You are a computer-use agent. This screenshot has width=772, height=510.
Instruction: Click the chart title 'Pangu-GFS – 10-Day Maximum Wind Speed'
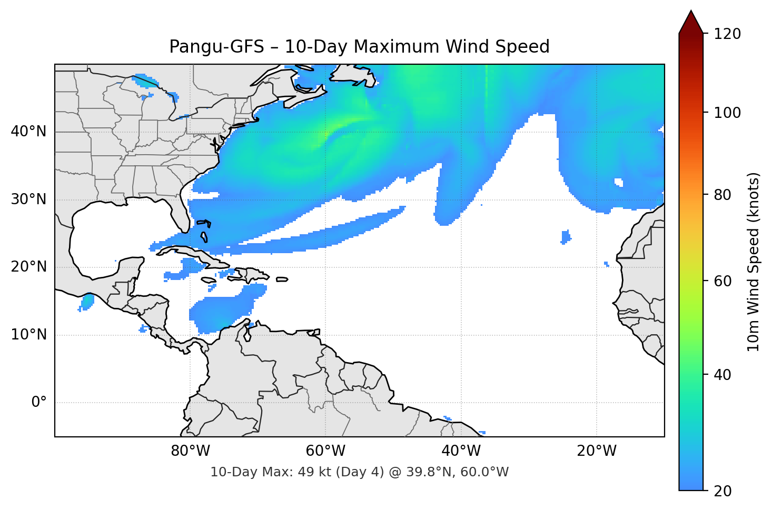coord(359,47)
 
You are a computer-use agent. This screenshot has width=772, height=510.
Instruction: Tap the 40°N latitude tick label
coord(29,132)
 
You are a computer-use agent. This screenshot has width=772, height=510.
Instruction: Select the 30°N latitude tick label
coord(29,199)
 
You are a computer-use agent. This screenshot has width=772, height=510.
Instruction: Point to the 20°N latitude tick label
coord(29,267)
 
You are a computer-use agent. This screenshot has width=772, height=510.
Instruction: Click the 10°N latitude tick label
coord(29,335)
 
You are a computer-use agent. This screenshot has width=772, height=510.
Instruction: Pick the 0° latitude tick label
coord(39,403)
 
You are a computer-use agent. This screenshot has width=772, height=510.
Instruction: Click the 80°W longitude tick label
coord(190,451)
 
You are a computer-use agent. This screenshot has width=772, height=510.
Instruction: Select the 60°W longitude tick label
coord(325,451)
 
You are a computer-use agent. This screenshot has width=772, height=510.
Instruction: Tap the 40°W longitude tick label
coord(461,451)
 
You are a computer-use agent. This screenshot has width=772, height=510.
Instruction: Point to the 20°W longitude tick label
coord(597,451)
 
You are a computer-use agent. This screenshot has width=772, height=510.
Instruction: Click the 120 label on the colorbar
coord(727,34)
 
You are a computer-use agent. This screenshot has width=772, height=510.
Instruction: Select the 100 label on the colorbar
coord(727,113)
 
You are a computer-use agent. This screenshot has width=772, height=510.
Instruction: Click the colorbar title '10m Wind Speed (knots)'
coord(754,262)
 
